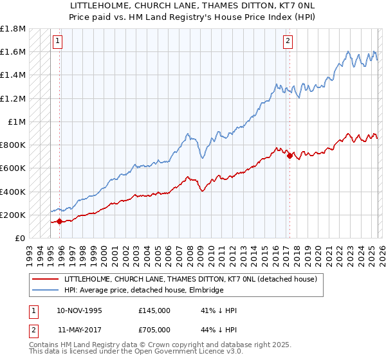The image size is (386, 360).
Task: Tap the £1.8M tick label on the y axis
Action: (x=12, y=29)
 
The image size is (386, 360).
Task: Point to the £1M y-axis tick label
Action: (x=16, y=122)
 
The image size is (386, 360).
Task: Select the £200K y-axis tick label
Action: (x=12, y=215)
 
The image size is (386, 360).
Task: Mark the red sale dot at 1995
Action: (x=60, y=221)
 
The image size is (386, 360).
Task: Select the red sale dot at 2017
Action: (x=289, y=156)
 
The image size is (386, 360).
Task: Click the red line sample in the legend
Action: (x=46, y=280)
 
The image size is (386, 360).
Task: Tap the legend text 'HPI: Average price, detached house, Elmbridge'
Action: (x=143, y=291)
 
